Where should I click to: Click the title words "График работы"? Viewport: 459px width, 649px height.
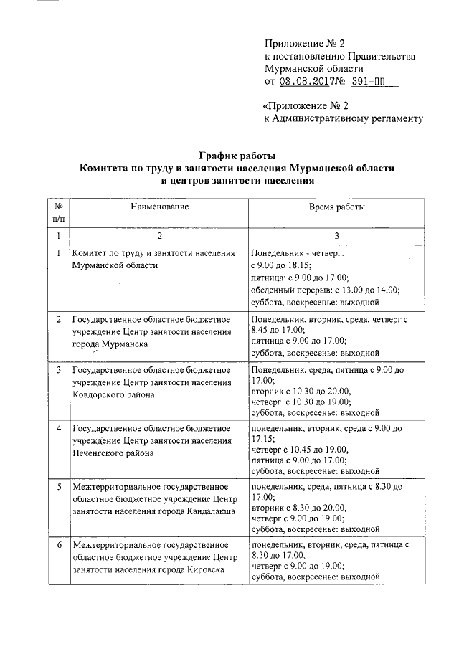click(x=237, y=156)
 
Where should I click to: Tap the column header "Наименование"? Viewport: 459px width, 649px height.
click(x=159, y=207)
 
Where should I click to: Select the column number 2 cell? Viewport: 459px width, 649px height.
click(x=159, y=236)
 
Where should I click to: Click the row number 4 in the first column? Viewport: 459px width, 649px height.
click(x=58, y=428)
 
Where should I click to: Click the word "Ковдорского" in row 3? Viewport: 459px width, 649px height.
click(x=101, y=394)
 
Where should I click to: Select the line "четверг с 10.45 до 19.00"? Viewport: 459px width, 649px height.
click(x=300, y=450)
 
